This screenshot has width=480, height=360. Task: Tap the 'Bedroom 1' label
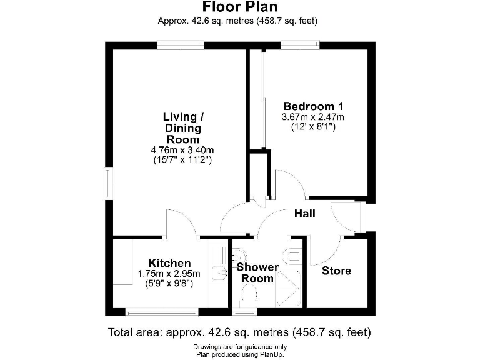pyautogui.click(x=313, y=106)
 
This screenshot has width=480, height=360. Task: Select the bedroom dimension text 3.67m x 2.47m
pyautogui.click(x=313, y=116)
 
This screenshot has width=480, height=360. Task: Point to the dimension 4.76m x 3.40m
pyautogui.click(x=183, y=150)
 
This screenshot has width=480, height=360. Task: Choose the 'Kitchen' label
pyautogui.click(x=169, y=263)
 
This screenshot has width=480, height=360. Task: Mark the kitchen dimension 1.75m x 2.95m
pyautogui.click(x=169, y=274)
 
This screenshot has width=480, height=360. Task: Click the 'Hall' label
pyautogui.click(x=305, y=214)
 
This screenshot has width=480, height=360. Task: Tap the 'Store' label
pyautogui.click(x=336, y=271)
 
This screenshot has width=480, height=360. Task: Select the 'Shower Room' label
pyautogui.click(x=257, y=273)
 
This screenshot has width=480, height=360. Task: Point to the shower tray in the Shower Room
pyautogui.click(x=289, y=289)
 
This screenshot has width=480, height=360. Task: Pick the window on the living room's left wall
pyautogui.click(x=107, y=184)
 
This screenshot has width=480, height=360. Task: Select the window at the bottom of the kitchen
pyautogui.click(x=162, y=311)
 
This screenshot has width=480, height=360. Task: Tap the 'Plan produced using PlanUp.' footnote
pyautogui.click(x=240, y=354)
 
